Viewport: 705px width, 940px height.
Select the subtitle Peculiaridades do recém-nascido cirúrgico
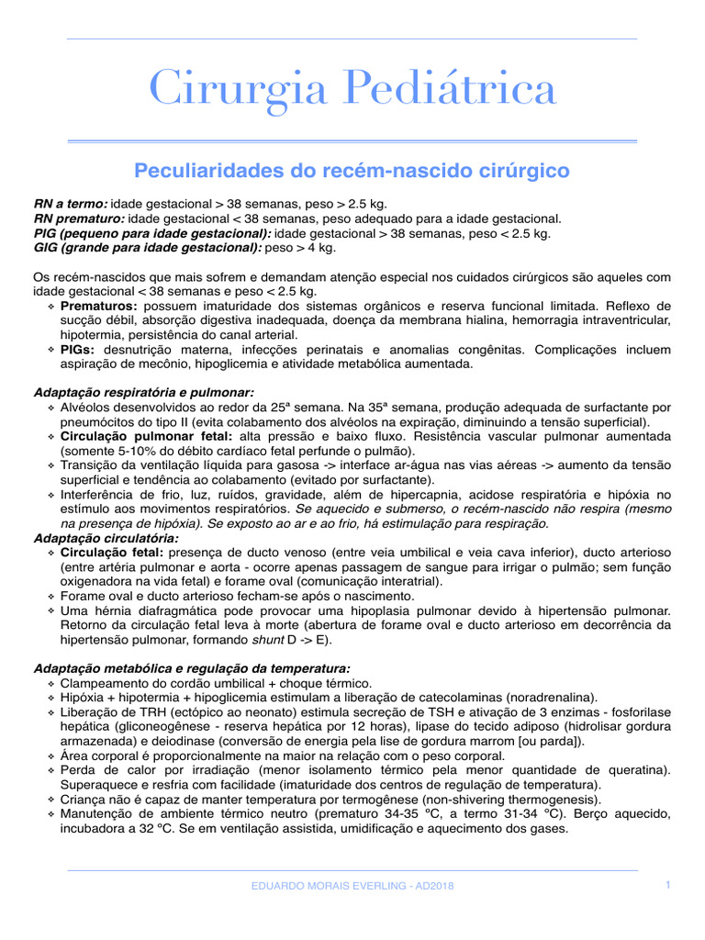point(352,171)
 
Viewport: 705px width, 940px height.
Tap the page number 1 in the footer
point(668,884)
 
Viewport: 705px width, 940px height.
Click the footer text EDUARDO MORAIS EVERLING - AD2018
point(352,886)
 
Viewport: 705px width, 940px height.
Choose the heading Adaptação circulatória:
point(106,538)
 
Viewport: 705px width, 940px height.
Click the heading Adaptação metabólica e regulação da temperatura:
point(192,668)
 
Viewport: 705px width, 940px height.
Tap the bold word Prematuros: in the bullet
point(99,306)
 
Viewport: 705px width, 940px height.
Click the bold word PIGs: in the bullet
point(78,350)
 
